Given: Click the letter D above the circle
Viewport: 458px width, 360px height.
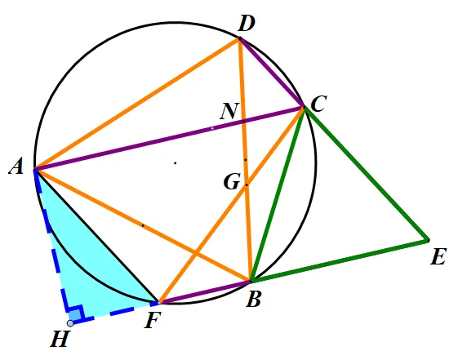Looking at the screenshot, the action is [x=247, y=24].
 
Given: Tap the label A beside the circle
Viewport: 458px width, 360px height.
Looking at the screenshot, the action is [x=16, y=167].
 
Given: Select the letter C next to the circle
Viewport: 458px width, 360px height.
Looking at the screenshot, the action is [x=318, y=104].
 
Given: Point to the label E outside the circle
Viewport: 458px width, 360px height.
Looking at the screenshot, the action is [x=438, y=256].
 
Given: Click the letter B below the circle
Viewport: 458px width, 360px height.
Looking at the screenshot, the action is [x=253, y=299].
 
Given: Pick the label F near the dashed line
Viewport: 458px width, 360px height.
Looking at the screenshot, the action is [x=153, y=320].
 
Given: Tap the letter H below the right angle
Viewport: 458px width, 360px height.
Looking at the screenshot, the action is [x=60, y=339].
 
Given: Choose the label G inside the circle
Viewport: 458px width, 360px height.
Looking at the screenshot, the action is [x=232, y=181].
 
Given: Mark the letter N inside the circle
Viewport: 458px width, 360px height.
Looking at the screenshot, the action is [x=230, y=111].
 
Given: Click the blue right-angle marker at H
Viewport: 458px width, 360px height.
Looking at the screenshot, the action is [x=76, y=313].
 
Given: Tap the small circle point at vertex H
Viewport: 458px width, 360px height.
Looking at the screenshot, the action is [x=70, y=323].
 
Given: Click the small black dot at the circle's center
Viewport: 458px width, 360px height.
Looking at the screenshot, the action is [x=176, y=163].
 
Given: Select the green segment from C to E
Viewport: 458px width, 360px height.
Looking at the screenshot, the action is [x=367, y=174].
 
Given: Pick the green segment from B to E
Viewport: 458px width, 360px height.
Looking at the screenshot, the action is [x=340, y=260].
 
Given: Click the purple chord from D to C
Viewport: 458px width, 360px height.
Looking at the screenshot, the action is [x=272, y=73].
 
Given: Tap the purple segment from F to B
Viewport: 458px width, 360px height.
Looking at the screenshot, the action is [x=204, y=292].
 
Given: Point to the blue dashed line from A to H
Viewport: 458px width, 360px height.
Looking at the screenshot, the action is [x=52, y=247].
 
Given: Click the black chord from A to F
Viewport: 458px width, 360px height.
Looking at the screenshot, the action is [x=96, y=236].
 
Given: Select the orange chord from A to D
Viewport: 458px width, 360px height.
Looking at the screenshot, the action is [x=137, y=104].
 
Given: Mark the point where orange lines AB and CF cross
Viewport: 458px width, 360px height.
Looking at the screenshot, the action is [x=195, y=254].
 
